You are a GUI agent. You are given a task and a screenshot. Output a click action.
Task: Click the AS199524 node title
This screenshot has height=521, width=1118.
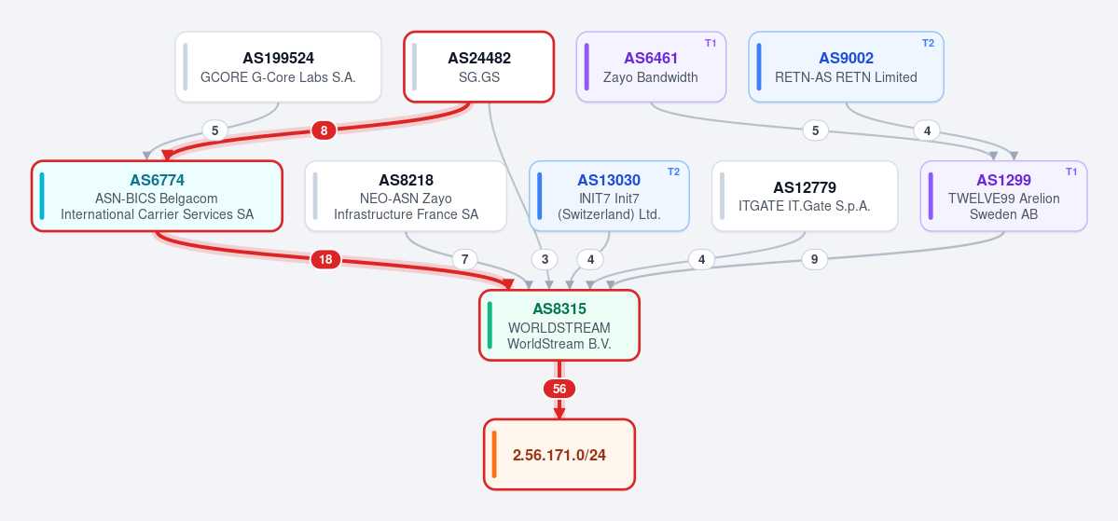point(278,59)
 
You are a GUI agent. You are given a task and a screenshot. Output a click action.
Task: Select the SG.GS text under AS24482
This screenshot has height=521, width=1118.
point(479,77)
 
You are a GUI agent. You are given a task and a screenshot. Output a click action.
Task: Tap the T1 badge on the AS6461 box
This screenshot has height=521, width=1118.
point(711,43)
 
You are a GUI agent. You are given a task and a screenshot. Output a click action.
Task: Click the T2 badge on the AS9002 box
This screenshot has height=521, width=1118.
point(928,43)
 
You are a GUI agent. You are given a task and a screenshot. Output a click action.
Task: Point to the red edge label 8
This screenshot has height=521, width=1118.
point(324,130)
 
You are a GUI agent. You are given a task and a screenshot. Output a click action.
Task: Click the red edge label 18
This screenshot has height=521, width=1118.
point(325,259)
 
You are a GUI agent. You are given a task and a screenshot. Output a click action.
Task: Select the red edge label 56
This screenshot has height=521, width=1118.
point(559,389)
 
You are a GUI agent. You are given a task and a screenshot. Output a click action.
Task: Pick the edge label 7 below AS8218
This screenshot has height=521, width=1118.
point(465,259)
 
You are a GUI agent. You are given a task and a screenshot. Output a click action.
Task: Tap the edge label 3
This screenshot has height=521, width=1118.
point(545,259)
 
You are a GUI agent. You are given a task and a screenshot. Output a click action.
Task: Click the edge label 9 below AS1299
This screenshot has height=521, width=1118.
point(815,259)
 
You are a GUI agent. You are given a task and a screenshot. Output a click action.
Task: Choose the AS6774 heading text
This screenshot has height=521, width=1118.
point(157,180)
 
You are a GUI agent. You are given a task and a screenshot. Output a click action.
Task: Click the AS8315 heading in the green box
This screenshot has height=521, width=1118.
point(559,309)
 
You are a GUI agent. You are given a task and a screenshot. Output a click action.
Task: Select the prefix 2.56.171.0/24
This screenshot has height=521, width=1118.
point(559,455)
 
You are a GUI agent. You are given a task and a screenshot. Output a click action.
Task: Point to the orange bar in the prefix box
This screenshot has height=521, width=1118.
point(494,454)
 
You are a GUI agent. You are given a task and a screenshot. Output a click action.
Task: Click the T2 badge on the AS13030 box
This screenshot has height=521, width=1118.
point(673,171)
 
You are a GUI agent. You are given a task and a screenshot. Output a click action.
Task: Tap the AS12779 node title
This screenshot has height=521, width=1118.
point(805,187)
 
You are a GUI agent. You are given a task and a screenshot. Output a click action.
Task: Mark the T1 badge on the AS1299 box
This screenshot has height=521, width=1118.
point(1071,171)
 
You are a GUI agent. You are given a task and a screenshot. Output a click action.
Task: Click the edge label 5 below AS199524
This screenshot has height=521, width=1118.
point(214,130)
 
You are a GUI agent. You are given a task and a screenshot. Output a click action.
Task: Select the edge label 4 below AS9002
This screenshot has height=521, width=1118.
point(927,130)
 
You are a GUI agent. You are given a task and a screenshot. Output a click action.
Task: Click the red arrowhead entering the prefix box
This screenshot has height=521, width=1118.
point(559,413)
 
